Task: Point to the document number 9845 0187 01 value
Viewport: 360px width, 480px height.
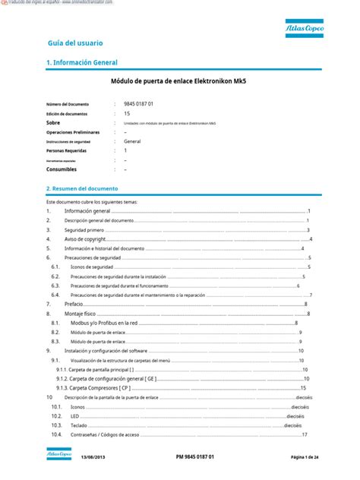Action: click(139, 103)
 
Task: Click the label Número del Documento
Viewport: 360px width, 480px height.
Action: click(68, 103)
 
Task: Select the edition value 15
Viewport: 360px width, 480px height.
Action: click(127, 112)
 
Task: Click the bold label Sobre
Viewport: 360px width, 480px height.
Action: click(53, 122)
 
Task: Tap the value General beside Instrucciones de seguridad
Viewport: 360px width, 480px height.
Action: click(132, 141)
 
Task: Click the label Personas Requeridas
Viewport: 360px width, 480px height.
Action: click(66, 150)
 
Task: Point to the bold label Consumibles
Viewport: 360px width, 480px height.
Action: click(62, 169)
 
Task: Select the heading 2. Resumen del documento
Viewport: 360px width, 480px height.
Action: click(82, 188)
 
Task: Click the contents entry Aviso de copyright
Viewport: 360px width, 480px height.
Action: click(84, 238)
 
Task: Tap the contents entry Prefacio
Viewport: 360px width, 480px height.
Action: click(74, 303)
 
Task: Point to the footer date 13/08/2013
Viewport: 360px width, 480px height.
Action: click(93, 456)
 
